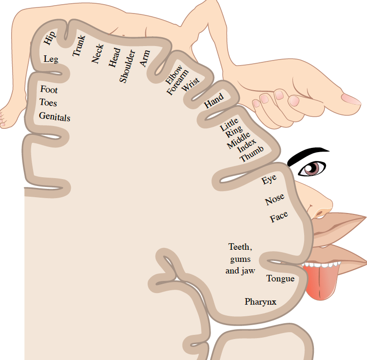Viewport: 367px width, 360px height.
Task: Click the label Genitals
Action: point(54,116)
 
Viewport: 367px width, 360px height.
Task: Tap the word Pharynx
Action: point(260,302)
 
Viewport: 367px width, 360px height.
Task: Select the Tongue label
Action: point(280,279)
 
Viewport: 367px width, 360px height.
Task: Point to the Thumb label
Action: point(252,154)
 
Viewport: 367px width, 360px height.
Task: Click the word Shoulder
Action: point(126,66)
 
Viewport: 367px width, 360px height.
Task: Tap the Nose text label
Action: point(275,200)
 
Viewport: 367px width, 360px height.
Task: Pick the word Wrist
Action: point(190,85)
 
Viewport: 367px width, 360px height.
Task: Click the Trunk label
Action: point(78,47)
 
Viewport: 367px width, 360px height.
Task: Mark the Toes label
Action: point(48,102)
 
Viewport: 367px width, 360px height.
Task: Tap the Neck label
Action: point(97,54)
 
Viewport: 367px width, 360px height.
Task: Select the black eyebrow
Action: point(307,155)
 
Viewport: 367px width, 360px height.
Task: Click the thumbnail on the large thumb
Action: point(351,99)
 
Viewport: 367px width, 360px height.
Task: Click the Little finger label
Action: point(229,124)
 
